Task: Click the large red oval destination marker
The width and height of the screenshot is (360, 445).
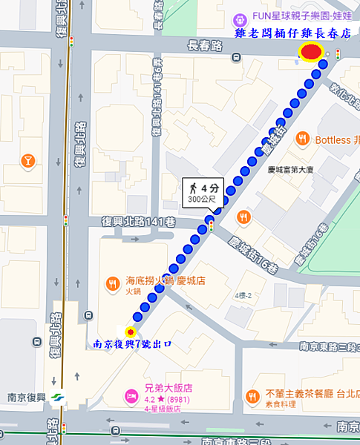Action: (x=311, y=51)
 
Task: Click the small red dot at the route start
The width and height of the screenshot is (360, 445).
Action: (x=131, y=332)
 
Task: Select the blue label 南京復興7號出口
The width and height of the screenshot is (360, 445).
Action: (x=133, y=344)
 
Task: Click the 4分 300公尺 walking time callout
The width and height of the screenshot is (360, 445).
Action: (x=203, y=193)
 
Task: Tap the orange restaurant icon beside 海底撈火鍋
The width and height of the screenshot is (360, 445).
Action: (x=113, y=283)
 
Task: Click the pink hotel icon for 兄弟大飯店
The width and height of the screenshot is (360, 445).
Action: (x=131, y=394)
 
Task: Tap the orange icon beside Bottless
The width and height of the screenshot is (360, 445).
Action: (x=302, y=139)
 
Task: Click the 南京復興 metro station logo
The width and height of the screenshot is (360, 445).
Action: (x=57, y=395)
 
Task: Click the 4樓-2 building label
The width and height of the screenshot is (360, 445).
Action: (x=243, y=296)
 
